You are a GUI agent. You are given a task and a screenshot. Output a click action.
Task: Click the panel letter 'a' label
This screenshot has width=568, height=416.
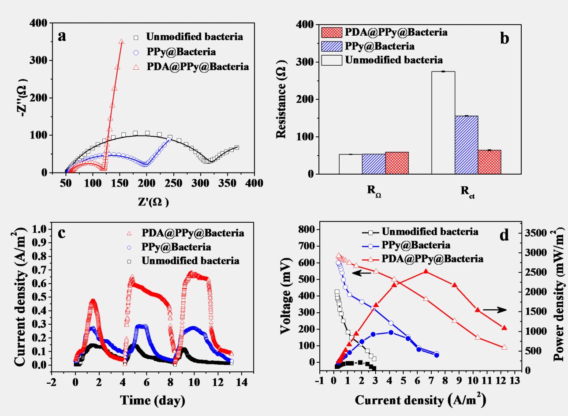pyautogui.click(x=63, y=36)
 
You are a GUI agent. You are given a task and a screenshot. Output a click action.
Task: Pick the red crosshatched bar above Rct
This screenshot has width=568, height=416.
pyautogui.click(x=490, y=162)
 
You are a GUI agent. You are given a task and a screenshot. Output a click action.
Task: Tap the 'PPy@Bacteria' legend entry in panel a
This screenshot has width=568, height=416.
pyautogui.click(x=181, y=52)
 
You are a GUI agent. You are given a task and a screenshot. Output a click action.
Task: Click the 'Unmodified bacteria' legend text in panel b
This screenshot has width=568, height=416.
pyautogui.click(x=394, y=60)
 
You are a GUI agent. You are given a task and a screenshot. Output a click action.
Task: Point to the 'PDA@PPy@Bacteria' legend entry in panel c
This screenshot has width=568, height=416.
pyautogui.click(x=193, y=232)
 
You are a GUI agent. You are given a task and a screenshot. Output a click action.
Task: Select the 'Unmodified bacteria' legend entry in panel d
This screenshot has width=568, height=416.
pyautogui.click(x=430, y=232)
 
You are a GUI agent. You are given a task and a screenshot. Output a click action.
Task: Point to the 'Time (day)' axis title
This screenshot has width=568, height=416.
pyautogui.click(x=153, y=401)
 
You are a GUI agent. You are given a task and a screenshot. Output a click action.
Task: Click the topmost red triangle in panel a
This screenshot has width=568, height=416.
pyautogui.click(x=121, y=41)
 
